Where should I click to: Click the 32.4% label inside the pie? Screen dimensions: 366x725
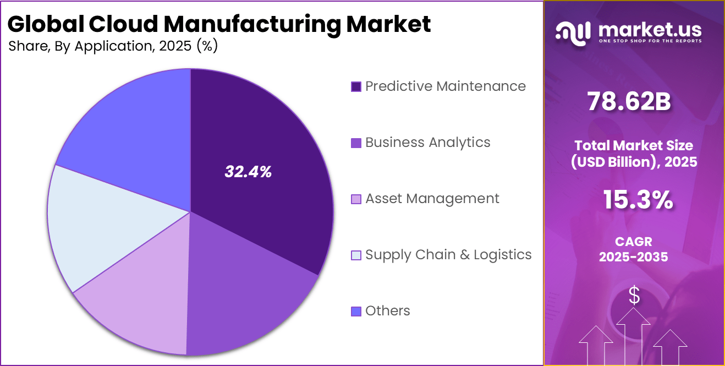coord(248,172)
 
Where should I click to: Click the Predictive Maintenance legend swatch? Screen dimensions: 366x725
coord(356,86)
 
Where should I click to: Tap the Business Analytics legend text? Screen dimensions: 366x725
coord(427,143)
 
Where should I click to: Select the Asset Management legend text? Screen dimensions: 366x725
coord(432,199)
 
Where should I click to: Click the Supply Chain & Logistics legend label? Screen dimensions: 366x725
coord(448,255)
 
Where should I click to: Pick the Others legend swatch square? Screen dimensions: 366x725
coord(356,312)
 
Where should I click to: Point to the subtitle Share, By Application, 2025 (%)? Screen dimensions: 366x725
coord(113,46)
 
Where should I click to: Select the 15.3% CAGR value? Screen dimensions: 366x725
coord(638,200)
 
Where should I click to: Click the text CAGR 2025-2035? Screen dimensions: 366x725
coord(634,249)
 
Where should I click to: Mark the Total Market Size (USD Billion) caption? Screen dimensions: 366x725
coord(634,154)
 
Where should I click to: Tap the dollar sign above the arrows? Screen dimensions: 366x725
coord(634,296)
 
